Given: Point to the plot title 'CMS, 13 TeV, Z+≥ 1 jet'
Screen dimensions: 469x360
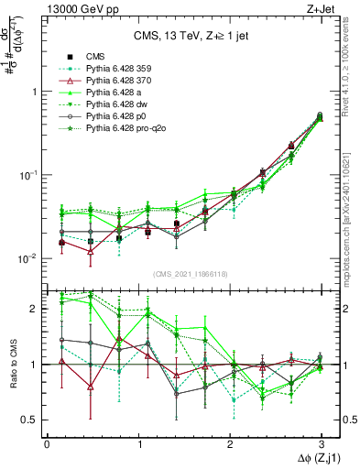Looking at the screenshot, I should (x=192, y=37).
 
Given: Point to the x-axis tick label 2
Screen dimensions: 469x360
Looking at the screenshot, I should (x=229, y=444).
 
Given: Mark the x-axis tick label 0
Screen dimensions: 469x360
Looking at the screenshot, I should (x=46, y=444).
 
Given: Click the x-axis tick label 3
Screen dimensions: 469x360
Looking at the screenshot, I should (x=321, y=444).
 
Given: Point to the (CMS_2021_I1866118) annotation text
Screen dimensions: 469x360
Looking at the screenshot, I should (x=192, y=275).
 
